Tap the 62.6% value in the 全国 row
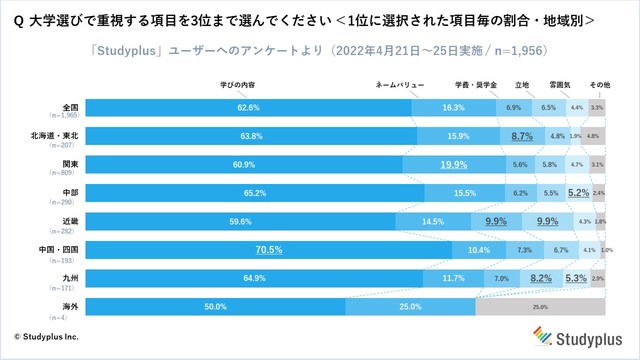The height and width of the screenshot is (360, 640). (234, 107)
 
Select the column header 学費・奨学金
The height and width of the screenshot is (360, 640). (476, 85)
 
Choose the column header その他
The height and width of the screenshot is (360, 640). (599, 85)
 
